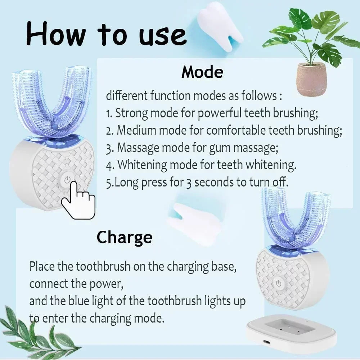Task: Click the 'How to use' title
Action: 106,34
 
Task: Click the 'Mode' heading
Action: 202,72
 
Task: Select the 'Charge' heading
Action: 124,238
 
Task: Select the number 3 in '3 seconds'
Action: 188,183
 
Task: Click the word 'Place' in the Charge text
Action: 43,267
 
